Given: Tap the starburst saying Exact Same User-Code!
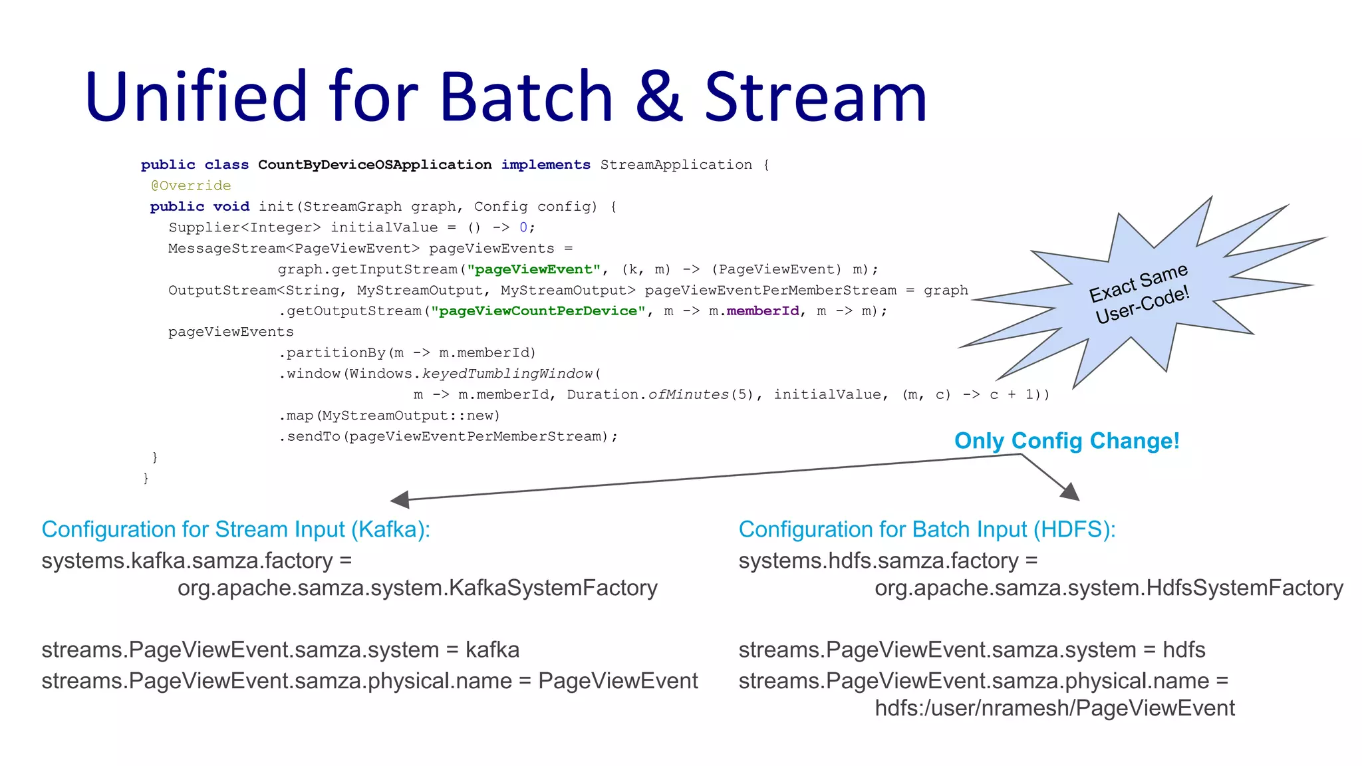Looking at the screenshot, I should [1139, 293].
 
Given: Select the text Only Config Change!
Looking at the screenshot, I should [1067, 441].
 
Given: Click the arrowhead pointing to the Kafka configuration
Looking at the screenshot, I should [400, 499].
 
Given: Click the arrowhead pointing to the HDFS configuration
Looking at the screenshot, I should [1070, 492].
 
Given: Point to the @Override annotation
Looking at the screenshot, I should [191, 186].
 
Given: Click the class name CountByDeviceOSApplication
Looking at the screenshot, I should [374, 165].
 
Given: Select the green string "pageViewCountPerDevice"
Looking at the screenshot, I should [538, 311].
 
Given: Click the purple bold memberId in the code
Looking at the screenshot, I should [762, 311].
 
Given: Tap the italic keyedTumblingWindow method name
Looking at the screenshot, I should [507, 374].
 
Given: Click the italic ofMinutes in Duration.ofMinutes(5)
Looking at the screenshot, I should [688, 395].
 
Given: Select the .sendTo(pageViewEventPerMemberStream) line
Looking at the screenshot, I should [448, 437].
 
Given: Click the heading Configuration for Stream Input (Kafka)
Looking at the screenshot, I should [235, 529].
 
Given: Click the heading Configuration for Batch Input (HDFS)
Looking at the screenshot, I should [926, 529].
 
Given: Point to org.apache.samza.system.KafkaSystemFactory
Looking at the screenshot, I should [417, 588].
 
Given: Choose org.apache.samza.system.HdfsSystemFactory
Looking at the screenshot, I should [1109, 588].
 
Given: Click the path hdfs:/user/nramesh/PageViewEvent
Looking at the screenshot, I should [1054, 708].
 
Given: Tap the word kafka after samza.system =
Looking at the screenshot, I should [492, 650].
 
